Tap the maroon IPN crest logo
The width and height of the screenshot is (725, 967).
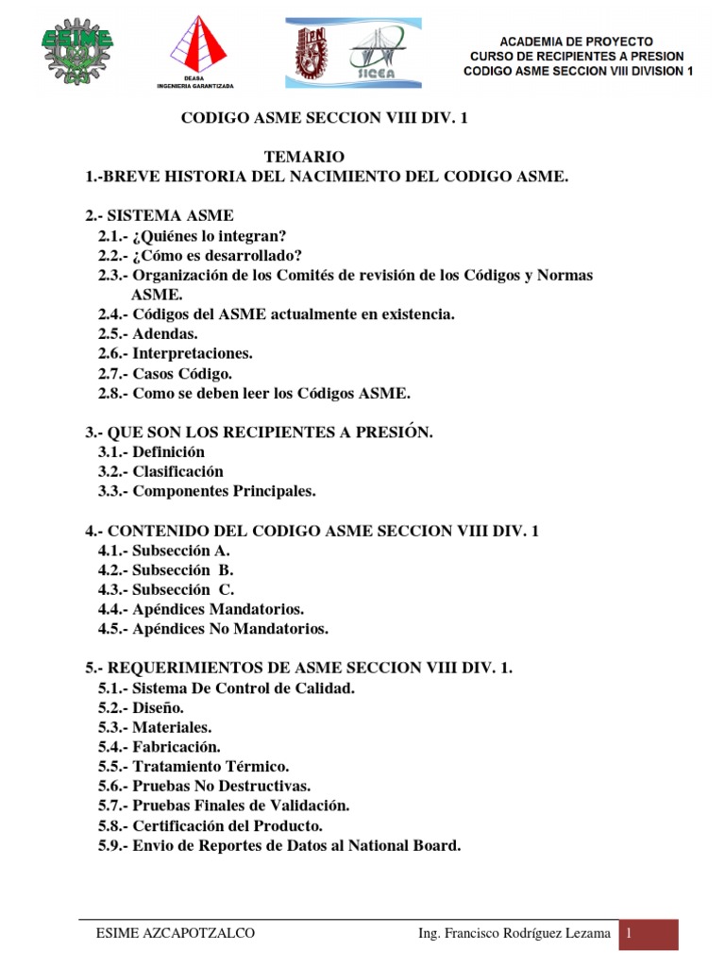tap(314, 52)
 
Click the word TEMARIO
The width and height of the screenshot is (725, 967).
tap(305, 156)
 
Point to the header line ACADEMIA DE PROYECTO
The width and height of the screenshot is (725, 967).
tap(576, 42)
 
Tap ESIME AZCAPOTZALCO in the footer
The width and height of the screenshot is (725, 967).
tap(176, 934)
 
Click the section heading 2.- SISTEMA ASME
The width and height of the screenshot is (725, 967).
tap(160, 215)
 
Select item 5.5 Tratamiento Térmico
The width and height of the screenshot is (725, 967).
tap(194, 766)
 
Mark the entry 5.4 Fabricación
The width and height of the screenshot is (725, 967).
tap(159, 747)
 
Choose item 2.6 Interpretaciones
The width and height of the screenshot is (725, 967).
tap(176, 353)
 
